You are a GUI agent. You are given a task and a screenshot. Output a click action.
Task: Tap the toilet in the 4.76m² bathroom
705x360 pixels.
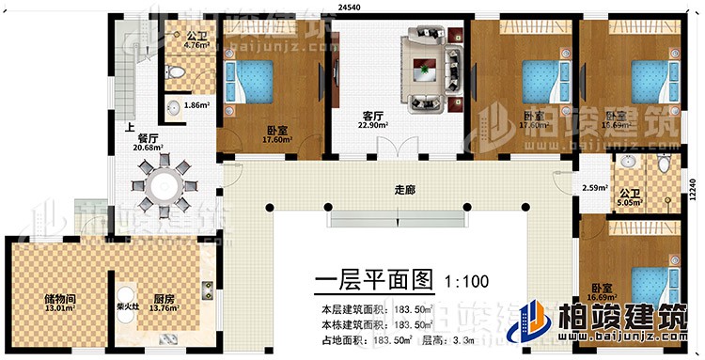(176, 73)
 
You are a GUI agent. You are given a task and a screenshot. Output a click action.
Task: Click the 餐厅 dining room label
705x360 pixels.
(149, 141)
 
